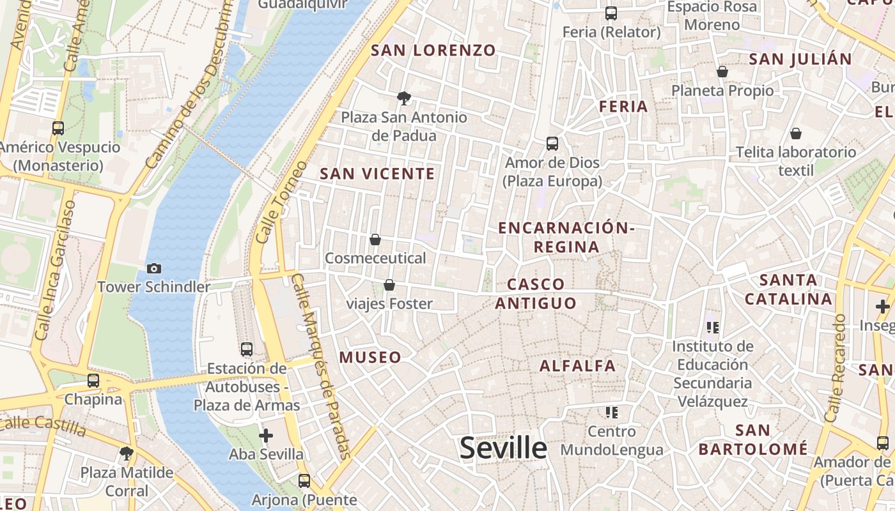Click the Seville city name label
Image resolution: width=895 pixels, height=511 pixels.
[x=503, y=448]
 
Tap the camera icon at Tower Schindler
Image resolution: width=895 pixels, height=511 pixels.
[x=153, y=268]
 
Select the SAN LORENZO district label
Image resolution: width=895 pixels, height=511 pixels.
[x=433, y=50]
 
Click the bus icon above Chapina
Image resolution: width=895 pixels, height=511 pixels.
[x=93, y=381]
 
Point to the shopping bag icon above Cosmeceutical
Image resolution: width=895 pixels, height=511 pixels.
[x=375, y=240]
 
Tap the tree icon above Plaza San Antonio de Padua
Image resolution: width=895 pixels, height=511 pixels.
[x=403, y=98]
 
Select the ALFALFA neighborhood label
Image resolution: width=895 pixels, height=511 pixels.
[x=577, y=366]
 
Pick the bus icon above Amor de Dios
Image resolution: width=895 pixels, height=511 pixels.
[x=552, y=144]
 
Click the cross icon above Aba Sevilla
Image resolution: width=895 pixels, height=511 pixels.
[x=266, y=436]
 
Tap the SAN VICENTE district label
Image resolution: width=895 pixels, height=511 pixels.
[x=377, y=174]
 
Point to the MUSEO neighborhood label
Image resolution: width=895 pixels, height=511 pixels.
[x=370, y=358]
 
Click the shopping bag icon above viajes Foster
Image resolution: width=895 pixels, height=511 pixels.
[x=389, y=285]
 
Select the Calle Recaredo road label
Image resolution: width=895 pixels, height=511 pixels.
[x=836, y=367]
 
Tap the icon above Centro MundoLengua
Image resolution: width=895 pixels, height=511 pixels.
[x=612, y=413]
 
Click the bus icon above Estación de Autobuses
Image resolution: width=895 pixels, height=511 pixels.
[x=247, y=349]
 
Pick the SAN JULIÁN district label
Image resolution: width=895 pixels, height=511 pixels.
[x=800, y=59]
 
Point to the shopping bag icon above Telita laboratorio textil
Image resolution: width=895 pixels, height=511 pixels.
[x=796, y=133]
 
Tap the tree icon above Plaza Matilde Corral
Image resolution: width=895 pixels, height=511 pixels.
[x=127, y=454]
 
